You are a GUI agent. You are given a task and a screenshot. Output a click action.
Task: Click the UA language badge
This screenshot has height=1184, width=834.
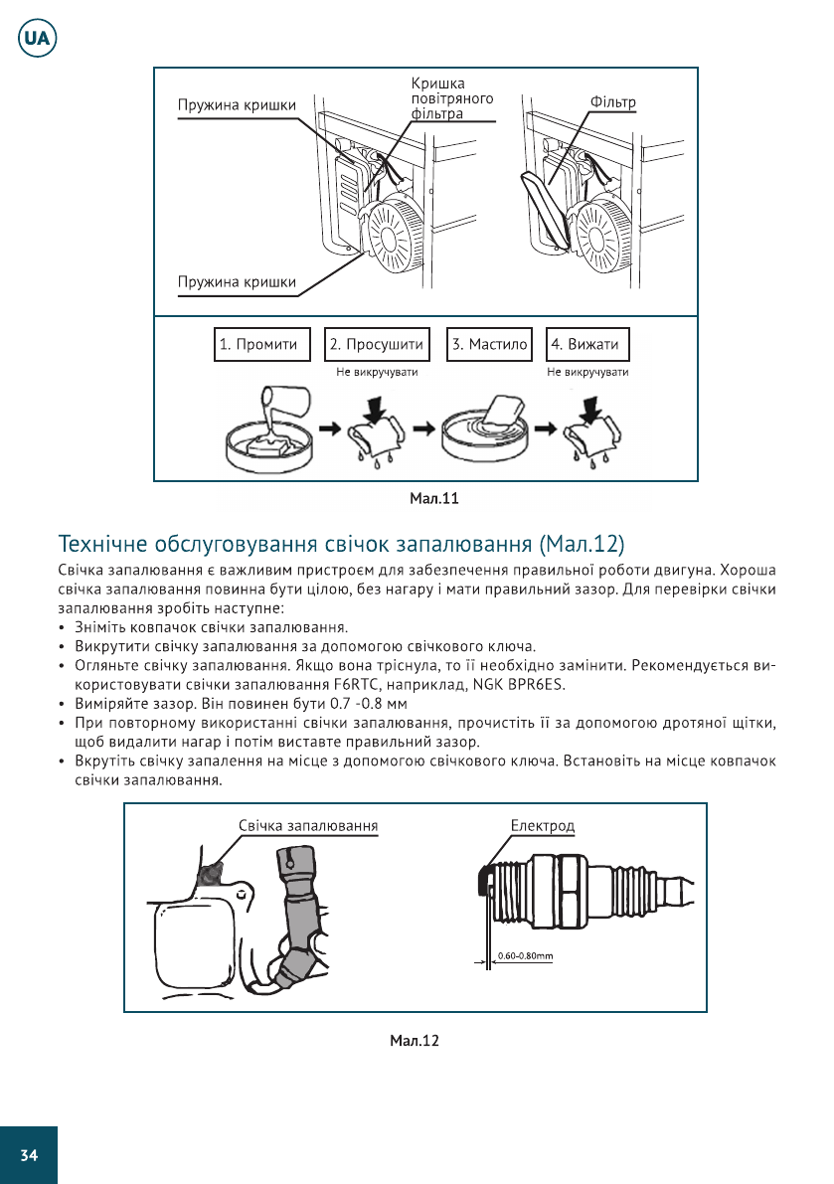tap(37, 39)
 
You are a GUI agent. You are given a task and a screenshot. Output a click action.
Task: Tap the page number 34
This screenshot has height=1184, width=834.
tap(28, 1154)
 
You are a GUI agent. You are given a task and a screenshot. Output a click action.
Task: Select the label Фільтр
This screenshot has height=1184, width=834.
tap(612, 103)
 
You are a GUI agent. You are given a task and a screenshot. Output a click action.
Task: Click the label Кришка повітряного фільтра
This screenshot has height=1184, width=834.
tap(452, 99)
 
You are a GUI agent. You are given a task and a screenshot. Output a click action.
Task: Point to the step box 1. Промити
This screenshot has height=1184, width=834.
tap(258, 344)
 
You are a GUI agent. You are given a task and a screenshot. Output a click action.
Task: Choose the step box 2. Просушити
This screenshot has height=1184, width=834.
tap(377, 344)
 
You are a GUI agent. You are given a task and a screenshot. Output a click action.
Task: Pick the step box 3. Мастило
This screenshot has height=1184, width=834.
tap(489, 344)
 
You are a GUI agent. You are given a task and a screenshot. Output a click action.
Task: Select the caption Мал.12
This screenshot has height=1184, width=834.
tap(415, 1041)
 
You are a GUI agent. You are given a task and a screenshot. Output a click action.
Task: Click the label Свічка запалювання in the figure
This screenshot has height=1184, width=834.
tap(308, 826)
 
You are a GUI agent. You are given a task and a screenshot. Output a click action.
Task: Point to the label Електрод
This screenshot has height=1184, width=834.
tap(542, 826)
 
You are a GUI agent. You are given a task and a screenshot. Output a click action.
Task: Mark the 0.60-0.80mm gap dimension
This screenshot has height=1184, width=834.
tap(525, 956)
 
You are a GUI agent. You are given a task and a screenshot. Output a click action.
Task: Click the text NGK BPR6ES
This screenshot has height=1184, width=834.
tap(520, 682)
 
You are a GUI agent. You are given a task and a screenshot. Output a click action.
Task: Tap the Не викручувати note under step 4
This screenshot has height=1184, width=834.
tap(587, 372)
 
